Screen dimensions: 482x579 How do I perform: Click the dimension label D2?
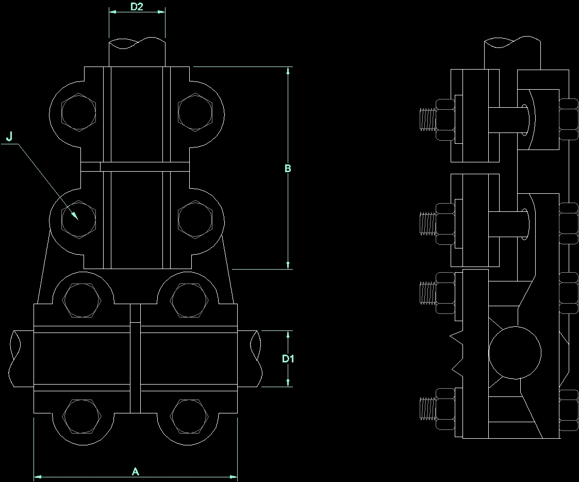(137, 7)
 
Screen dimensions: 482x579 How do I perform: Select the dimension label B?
(288, 169)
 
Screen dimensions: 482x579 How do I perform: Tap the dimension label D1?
(288, 358)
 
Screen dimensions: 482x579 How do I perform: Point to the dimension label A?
(136, 471)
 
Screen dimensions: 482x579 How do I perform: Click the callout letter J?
(9, 137)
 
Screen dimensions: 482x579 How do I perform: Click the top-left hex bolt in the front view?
(78, 111)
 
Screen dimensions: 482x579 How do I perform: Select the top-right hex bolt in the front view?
(195, 111)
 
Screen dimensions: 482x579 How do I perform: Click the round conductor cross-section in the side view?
(515, 353)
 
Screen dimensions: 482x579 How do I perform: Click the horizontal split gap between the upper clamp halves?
(135, 167)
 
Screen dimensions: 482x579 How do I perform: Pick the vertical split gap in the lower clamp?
(135, 358)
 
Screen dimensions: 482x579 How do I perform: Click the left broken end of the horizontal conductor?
(14, 358)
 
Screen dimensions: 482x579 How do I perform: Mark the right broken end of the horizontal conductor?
(256, 358)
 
